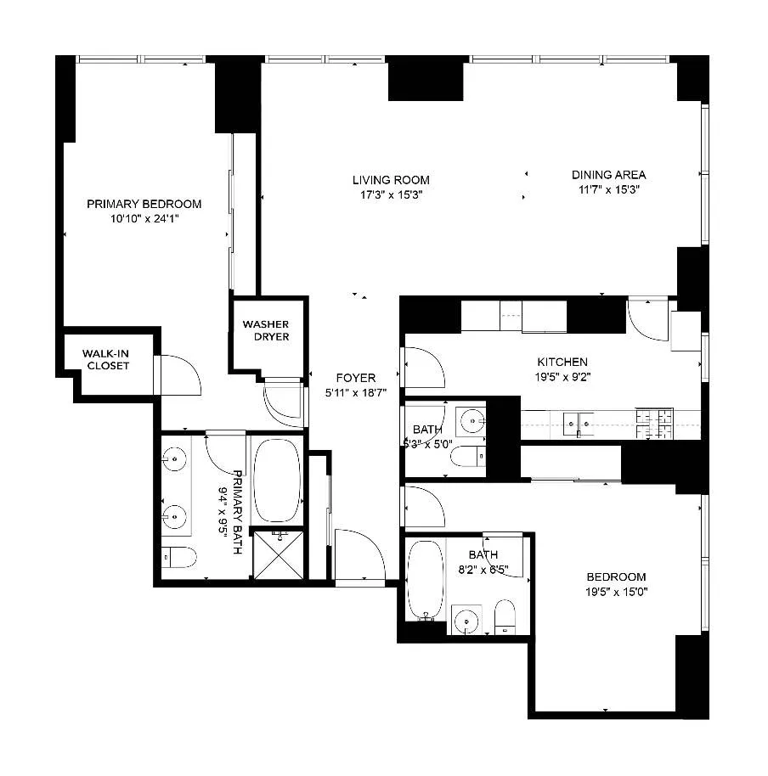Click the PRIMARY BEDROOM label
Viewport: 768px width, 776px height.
tap(144, 204)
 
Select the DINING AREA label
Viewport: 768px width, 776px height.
tap(607, 175)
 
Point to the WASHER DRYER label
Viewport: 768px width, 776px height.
tap(266, 330)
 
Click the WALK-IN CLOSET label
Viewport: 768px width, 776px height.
tap(106, 359)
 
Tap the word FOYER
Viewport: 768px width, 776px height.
tap(355, 378)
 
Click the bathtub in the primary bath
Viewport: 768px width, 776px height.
tap(276, 481)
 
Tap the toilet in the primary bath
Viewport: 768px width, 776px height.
tap(180, 557)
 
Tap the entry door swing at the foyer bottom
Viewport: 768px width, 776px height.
tap(360, 555)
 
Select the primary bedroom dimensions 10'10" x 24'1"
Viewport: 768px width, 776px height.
tap(144, 218)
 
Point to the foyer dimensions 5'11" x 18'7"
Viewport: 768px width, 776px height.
tap(355, 393)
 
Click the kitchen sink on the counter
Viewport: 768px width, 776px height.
tap(583, 419)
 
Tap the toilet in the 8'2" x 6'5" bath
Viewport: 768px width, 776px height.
tap(505, 617)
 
